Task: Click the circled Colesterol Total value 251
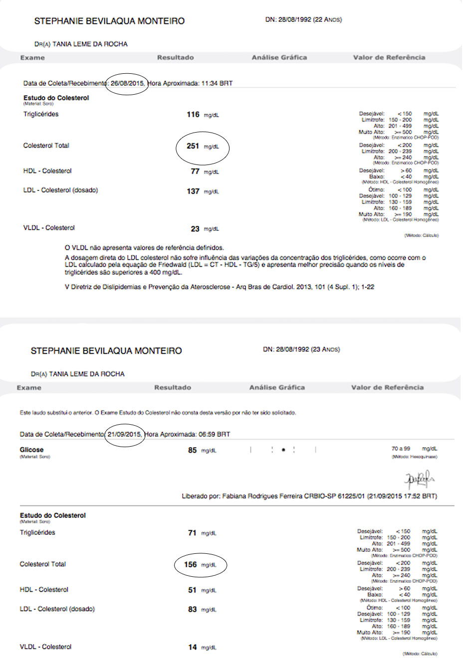[193, 146]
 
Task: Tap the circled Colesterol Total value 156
[191, 565]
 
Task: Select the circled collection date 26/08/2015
[127, 83]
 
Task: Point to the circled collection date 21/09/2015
[124, 434]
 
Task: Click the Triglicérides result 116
[193, 115]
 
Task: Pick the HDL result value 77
[195, 171]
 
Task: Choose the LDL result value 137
[193, 191]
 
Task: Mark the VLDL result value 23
[195, 229]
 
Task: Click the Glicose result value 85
[192, 450]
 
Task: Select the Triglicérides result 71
[192, 533]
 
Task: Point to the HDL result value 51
[192, 590]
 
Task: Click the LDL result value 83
[192, 610]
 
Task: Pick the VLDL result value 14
[192, 648]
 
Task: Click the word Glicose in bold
[31, 450]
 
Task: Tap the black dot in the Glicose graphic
[283, 450]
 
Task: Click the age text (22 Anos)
[327, 20]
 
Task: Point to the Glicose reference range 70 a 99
[401, 449]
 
